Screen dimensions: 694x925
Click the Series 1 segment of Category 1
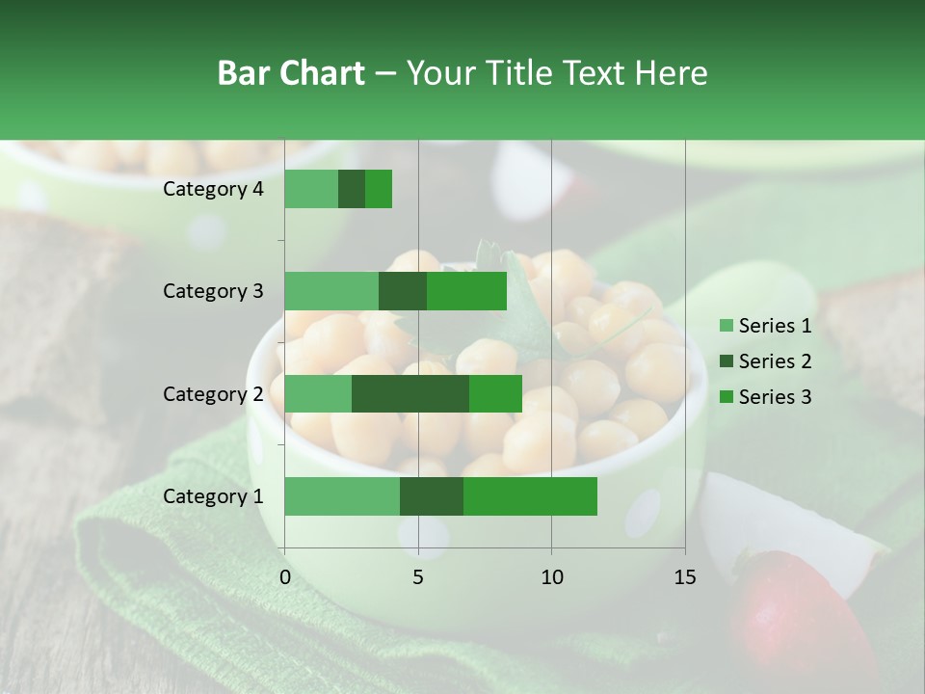pyautogui.click(x=342, y=496)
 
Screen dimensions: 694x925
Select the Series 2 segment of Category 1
pyautogui.click(x=432, y=496)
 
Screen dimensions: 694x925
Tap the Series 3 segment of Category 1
pyautogui.click(x=530, y=496)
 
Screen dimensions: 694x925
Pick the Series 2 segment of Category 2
pyautogui.click(x=410, y=393)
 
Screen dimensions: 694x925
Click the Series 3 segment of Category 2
pyautogui.click(x=495, y=393)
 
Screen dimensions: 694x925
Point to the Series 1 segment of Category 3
pyautogui.click(x=331, y=291)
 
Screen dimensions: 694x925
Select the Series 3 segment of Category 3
pyautogui.click(x=466, y=291)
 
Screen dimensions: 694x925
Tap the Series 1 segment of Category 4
pyautogui.click(x=311, y=189)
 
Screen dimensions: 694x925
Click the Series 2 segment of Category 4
pyautogui.click(x=352, y=189)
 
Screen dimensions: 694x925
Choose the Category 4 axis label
pyautogui.click(x=213, y=189)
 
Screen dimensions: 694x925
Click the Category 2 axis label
pyautogui.click(x=213, y=393)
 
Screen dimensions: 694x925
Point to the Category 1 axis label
pyautogui.click(x=213, y=496)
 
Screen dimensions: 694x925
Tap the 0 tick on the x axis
pyautogui.click(x=285, y=577)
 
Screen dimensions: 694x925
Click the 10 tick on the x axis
pyautogui.click(x=551, y=577)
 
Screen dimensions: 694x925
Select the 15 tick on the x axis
pyautogui.click(x=684, y=577)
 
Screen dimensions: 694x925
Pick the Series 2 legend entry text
pyautogui.click(x=775, y=361)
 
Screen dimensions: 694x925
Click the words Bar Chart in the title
pyautogui.click(x=290, y=73)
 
